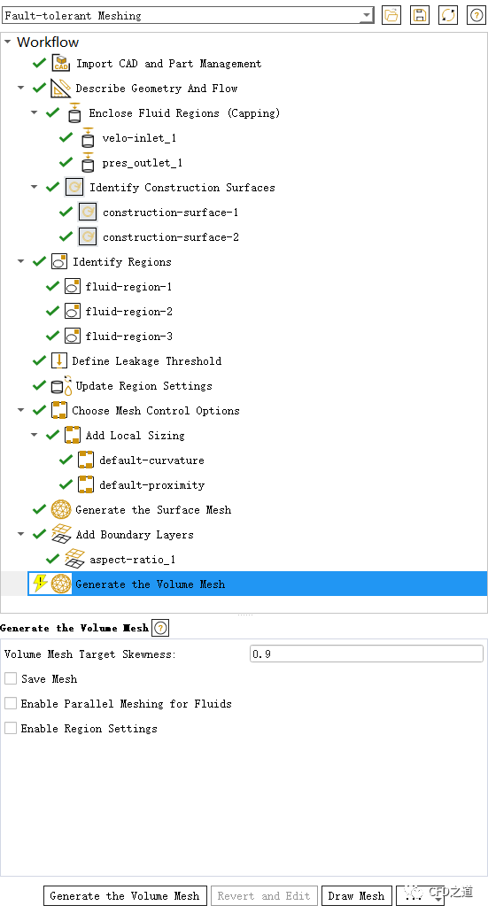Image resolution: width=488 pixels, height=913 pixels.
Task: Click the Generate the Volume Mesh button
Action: (125, 895)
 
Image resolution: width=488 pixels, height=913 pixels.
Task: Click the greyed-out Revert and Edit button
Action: (265, 895)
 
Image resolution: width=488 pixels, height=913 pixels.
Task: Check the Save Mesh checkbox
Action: (11, 679)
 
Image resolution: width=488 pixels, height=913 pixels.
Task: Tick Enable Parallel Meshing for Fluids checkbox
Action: (11, 703)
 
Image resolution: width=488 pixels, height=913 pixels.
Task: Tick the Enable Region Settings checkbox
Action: (11, 729)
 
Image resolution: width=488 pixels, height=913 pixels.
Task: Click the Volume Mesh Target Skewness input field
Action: (367, 654)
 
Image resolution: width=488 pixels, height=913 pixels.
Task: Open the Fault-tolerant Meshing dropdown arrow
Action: (367, 16)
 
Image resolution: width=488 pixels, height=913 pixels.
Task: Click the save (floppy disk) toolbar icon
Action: (419, 16)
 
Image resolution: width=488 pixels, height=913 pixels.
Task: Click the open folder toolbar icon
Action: (391, 16)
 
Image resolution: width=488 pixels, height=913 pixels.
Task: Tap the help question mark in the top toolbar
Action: (476, 16)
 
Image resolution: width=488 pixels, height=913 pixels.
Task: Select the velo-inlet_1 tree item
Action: (138, 138)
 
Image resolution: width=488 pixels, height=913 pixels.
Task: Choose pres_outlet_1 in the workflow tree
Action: (142, 163)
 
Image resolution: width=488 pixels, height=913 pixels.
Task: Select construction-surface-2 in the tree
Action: (171, 237)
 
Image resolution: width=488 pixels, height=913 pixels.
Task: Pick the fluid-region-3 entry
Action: (128, 337)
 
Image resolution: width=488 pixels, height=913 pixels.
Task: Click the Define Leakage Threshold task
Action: (147, 361)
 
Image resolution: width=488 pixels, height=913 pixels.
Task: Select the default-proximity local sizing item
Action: (152, 485)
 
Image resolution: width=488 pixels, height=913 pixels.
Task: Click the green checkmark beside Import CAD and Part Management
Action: (39, 63)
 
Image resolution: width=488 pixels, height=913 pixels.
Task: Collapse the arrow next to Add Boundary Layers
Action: (21, 534)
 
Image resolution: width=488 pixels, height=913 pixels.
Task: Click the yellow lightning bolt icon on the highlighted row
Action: (40, 584)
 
